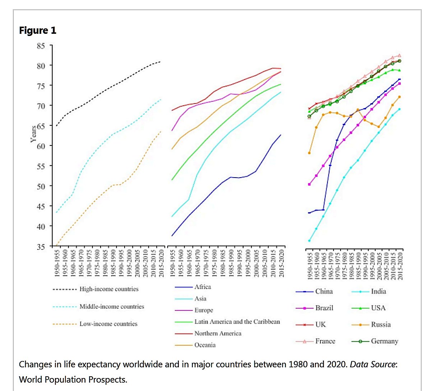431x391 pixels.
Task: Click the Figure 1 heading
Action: tap(38, 31)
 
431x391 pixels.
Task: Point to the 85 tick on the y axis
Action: tap(41, 46)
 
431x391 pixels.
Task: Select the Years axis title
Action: tap(33, 134)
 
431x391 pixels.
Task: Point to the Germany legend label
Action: tap(384, 341)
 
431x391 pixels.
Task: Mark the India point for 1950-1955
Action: tap(309, 241)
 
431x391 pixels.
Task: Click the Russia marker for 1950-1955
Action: tap(309, 153)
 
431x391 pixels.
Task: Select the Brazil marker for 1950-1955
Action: tap(309, 184)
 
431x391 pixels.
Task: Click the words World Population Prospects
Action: tap(73, 379)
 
